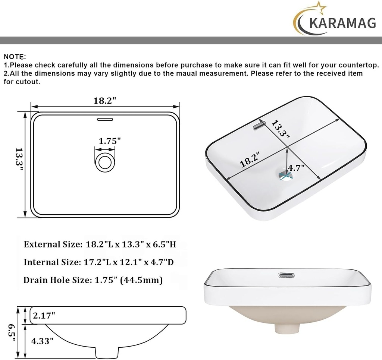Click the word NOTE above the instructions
14,57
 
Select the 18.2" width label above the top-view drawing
105,101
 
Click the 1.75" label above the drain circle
110,141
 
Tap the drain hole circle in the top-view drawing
104,162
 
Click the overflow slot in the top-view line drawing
105,120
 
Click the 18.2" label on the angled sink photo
250,160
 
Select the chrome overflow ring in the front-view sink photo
286,275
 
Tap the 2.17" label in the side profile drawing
44,316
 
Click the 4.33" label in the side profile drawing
42,340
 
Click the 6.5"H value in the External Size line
163,244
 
